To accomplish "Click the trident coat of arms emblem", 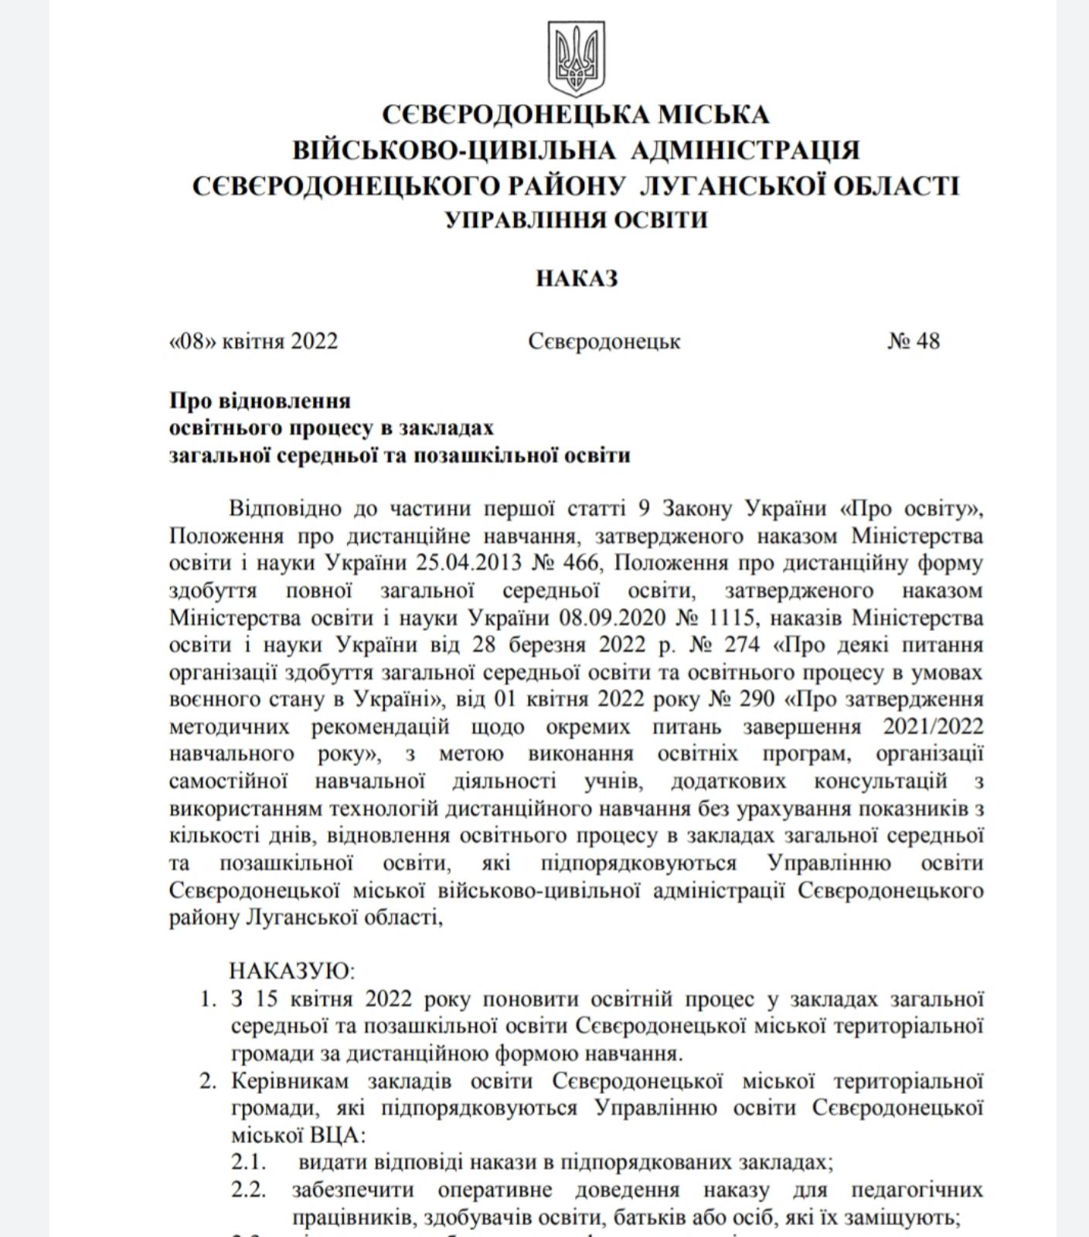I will click(577, 58).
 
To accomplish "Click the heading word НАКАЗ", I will click(577, 278).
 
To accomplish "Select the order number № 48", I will click(914, 341).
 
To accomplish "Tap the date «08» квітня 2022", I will click(254, 341).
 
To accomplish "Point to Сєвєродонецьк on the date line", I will click(604, 341).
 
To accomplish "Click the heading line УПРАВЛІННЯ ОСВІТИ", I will click(577, 220).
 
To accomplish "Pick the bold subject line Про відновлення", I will click(260, 400).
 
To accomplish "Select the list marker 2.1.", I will click(248, 1161).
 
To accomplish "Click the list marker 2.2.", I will click(248, 1189).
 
